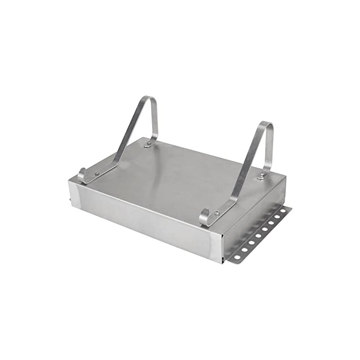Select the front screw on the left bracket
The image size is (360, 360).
[97, 173]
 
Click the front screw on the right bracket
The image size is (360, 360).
[217, 212]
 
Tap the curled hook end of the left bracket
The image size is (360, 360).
[81, 174]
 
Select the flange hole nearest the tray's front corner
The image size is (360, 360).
[237, 257]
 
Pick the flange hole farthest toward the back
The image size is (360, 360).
[283, 211]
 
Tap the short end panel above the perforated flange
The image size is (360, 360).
[254, 216]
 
